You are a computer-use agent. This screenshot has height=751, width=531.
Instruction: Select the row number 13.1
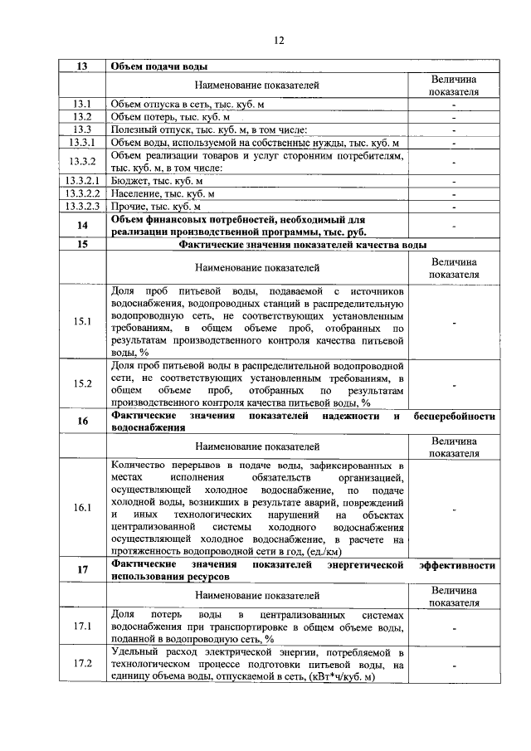coord(82,105)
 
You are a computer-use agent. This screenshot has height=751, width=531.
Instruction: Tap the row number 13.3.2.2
coord(82,193)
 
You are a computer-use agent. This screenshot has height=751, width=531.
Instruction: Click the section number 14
coord(82,226)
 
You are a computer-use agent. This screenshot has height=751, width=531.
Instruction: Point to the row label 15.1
coord(82,322)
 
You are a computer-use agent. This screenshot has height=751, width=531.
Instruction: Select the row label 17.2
coord(82,664)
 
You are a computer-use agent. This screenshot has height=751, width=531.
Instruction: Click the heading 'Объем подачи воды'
coord(158,66)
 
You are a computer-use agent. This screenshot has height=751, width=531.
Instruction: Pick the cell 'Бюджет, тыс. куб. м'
coord(157,181)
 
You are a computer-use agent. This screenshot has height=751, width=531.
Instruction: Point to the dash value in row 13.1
coord(454,105)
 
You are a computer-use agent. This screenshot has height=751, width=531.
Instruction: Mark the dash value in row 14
coord(454,226)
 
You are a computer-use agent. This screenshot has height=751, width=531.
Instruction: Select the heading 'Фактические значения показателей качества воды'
coord(303,246)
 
